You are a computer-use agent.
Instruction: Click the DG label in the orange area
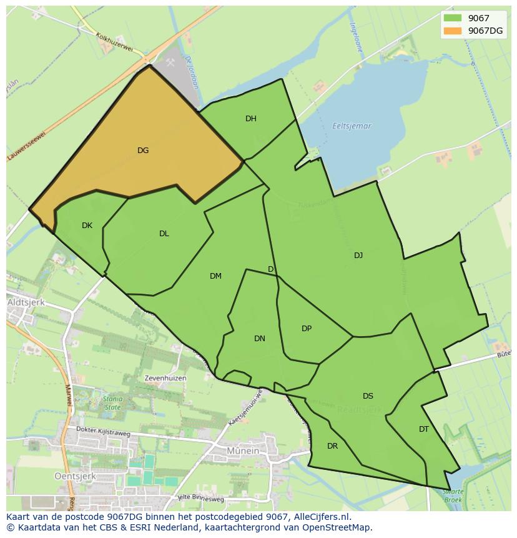(x=143, y=150)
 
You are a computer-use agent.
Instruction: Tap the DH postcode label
(x=250, y=119)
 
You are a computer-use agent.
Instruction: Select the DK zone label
(x=87, y=226)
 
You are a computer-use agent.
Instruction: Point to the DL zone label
(x=164, y=234)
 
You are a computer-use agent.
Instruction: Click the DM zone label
(x=215, y=276)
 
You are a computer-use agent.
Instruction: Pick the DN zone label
(x=260, y=339)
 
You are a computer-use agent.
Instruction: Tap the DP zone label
(x=307, y=329)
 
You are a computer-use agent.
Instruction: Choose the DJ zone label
(x=358, y=255)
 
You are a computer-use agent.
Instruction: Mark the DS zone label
(x=368, y=396)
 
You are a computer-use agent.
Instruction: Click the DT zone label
(x=424, y=429)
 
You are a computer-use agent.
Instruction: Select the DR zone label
(x=332, y=446)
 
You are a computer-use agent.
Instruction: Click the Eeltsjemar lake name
(x=352, y=126)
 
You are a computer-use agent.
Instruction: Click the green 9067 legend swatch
(x=452, y=18)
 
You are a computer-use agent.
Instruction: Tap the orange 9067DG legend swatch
(x=452, y=31)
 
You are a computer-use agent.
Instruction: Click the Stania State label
(x=112, y=403)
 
